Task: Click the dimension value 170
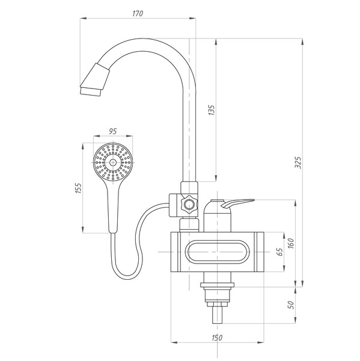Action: [x=138, y=14]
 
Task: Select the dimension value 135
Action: [x=212, y=110]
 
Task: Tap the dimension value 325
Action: [x=298, y=162]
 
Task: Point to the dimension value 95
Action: [x=113, y=131]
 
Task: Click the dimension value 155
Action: [x=79, y=188]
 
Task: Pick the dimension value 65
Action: [x=279, y=252]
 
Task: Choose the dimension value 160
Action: [x=291, y=243]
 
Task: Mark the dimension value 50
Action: [x=291, y=305]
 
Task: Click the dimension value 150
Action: [x=217, y=338]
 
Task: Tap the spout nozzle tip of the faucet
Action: [x=90, y=91]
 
